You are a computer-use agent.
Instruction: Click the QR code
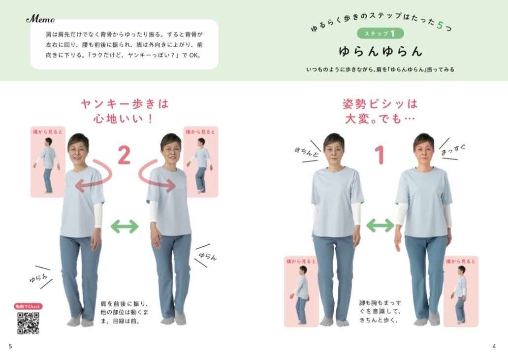click(28, 323)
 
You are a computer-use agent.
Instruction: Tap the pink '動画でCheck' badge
click(28, 306)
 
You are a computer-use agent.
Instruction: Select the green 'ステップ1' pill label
click(380, 33)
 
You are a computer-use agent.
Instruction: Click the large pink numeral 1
click(380, 155)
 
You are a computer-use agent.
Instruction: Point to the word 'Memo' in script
click(40, 19)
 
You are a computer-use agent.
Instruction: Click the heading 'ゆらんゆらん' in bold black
click(381, 51)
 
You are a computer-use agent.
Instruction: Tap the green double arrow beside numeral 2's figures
click(125, 226)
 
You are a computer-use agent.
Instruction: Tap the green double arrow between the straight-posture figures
click(380, 225)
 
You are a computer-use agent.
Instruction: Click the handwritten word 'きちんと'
click(306, 151)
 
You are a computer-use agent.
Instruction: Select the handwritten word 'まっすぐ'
click(453, 149)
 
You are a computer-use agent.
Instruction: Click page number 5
click(10, 346)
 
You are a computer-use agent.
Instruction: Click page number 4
click(494, 346)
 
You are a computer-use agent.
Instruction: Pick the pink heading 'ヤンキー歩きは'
click(125, 104)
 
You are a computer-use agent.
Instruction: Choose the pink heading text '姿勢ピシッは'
click(380, 104)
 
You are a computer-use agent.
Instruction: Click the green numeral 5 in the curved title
click(440, 25)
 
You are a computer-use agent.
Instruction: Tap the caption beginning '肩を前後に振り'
click(125, 312)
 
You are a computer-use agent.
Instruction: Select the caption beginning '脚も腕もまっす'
click(380, 311)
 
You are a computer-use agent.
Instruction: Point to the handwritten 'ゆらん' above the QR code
click(38, 278)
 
